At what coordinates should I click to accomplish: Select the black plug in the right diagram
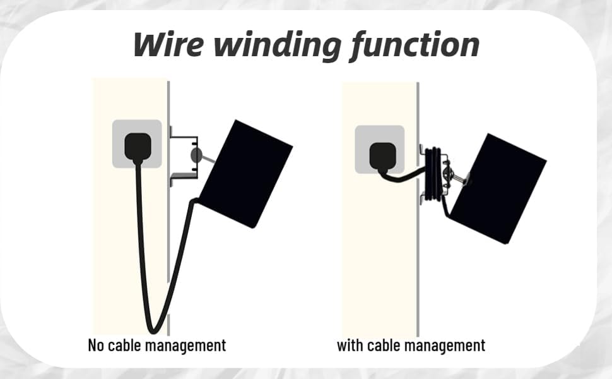coord(382,157)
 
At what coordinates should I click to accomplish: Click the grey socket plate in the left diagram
coord(137,144)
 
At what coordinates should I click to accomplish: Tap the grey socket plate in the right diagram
coord(379,150)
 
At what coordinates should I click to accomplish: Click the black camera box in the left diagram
coord(246,174)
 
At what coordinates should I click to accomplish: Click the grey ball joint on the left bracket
coord(196,155)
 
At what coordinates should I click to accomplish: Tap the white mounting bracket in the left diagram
coord(184,157)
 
